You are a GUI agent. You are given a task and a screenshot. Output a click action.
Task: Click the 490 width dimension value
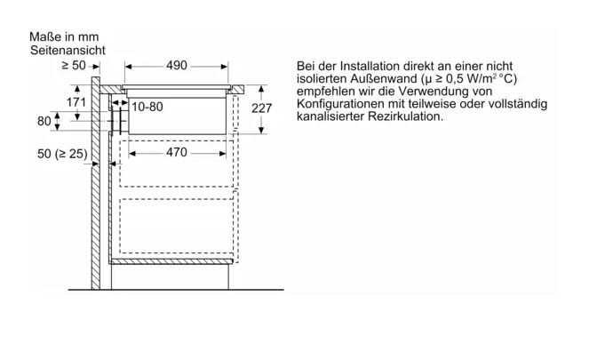[176, 66]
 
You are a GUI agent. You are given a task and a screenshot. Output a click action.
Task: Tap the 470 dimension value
[176, 152]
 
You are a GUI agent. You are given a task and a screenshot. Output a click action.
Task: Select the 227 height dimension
[261, 108]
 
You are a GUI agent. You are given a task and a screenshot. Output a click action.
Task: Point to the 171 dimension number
[76, 102]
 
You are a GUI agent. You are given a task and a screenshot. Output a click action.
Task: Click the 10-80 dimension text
[147, 107]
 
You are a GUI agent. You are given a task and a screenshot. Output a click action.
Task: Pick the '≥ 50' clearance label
[74, 65]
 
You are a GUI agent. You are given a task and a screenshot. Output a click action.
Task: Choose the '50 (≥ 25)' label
[62, 154]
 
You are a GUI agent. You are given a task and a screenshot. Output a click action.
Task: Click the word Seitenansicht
[68, 50]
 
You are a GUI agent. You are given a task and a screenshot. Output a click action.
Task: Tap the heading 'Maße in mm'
[64, 36]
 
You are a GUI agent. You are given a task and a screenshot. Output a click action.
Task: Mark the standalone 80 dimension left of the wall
[44, 121]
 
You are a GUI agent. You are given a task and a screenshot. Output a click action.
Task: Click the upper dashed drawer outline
[177, 164]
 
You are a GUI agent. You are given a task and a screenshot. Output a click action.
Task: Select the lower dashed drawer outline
[177, 226]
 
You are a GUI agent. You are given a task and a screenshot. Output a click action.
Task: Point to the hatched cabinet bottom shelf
[171, 261]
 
